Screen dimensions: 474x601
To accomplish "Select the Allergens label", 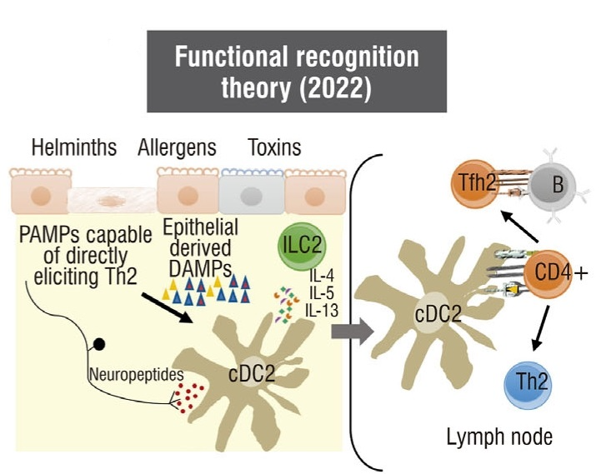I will [177, 149].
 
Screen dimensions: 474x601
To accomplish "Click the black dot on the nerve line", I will [99, 342].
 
